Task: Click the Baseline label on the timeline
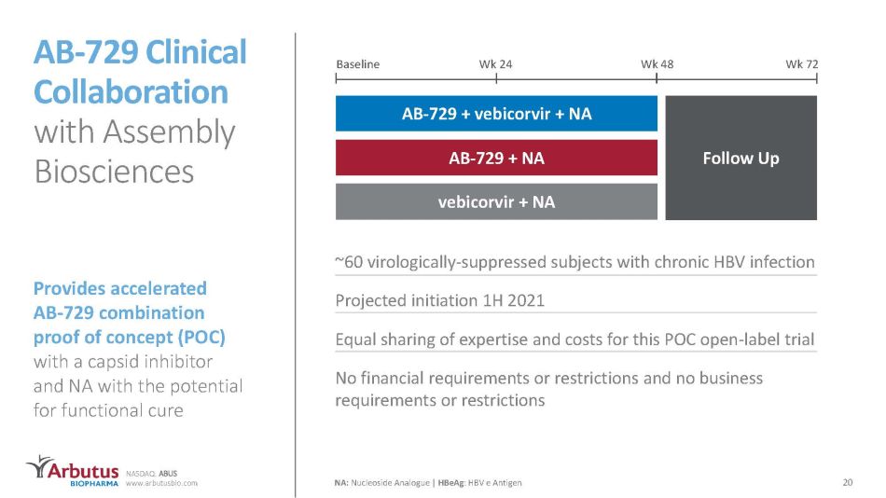point(358,63)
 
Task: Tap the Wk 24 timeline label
point(495,63)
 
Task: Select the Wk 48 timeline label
point(658,63)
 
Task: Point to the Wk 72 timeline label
point(802,63)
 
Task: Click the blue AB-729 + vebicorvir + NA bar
point(496,114)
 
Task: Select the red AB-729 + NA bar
point(496,158)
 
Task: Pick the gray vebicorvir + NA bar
point(496,201)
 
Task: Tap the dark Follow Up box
point(741,158)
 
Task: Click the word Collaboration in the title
point(131,91)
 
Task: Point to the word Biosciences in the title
point(114,172)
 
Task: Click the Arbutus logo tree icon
point(39,466)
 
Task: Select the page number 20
point(847,482)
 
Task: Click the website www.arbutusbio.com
point(161,483)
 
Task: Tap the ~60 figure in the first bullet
point(349,262)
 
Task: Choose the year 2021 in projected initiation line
point(526,300)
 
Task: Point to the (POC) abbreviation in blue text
point(201,337)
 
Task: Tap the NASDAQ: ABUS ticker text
point(151,474)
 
